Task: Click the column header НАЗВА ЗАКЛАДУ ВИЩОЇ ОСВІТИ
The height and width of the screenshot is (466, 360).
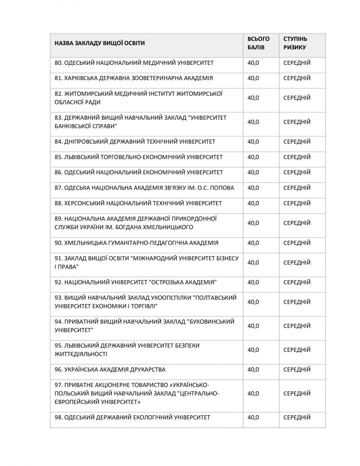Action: (100, 43)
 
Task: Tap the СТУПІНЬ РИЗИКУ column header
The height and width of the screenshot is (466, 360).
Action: (295, 43)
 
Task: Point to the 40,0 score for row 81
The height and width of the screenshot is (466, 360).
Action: (253, 78)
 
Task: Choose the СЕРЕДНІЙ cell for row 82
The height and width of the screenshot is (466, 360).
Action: (297, 98)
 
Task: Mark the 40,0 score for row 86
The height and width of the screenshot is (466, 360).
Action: (253, 172)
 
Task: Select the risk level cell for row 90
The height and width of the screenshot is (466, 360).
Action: (297, 243)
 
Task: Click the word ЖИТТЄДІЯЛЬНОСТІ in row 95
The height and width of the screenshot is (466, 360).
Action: (81, 354)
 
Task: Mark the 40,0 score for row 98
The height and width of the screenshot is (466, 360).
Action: (253, 417)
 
